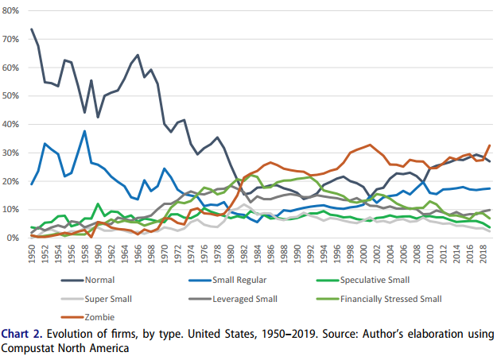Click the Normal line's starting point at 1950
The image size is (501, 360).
(x=32, y=29)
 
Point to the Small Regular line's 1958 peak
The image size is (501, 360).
(x=84, y=131)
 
